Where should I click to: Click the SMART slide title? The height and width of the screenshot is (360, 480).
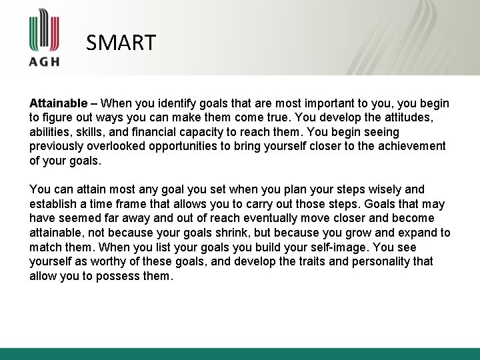121,43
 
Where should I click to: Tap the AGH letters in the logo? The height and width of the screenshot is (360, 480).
45,61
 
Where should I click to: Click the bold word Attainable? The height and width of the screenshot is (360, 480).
58,104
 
